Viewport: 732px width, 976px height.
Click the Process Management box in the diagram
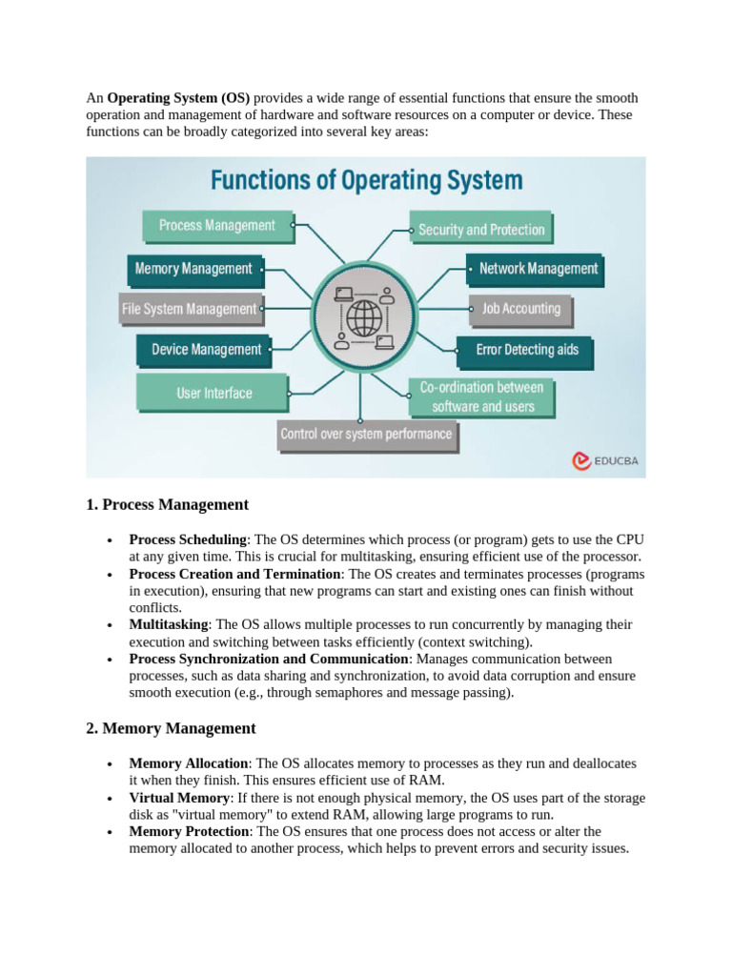tap(216, 226)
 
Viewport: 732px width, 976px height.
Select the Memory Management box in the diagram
tap(193, 269)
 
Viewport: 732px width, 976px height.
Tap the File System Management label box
tap(189, 309)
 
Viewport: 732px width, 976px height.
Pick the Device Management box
tap(206, 350)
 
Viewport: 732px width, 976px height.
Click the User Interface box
tap(213, 392)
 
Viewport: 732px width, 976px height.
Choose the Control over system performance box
tap(366, 435)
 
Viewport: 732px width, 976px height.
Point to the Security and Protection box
tap(481, 230)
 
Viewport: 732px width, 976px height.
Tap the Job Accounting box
tap(520, 309)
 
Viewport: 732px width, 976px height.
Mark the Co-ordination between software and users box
tap(482, 396)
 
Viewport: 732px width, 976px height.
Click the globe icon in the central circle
tap(363, 315)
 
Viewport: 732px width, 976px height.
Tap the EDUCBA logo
tap(605, 461)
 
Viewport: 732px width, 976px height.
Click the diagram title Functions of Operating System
tap(366, 180)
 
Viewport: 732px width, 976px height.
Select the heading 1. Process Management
tap(167, 505)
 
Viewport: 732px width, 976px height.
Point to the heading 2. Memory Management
tap(171, 729)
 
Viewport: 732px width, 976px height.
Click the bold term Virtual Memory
tap(179, 798)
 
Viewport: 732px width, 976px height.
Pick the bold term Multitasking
tap(170, 625)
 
